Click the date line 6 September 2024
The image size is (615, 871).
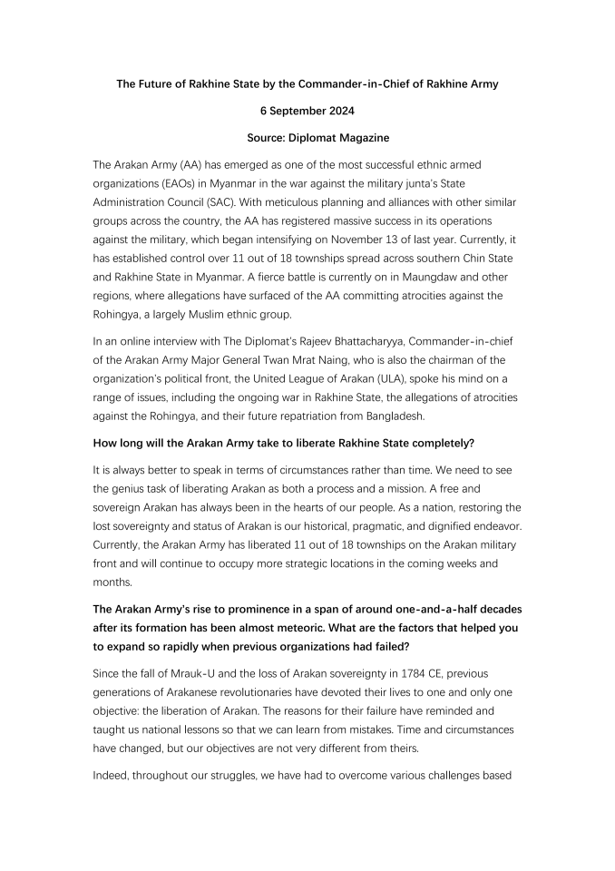(307, 111)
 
